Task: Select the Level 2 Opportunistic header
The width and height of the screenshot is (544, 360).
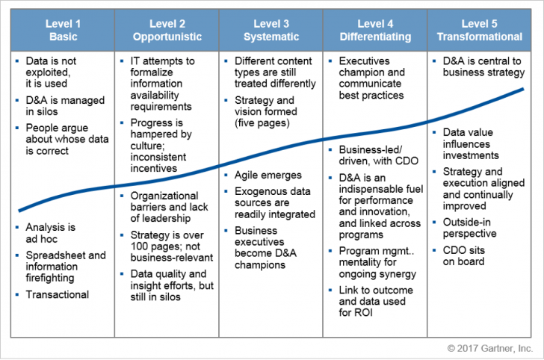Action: tap(167, 30)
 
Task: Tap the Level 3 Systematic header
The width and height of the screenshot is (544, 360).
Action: tap(271, 30)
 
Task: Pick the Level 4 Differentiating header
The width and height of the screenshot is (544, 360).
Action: tap(375, 30)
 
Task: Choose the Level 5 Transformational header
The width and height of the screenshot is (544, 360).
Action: tap(480, 30)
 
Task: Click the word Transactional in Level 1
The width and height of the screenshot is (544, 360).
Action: tap(57, 294)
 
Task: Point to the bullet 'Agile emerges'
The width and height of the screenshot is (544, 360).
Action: tap(268, 175)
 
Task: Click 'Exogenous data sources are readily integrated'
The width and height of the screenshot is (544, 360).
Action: tap(272, 202)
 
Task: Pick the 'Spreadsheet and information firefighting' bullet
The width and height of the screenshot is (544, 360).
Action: tap(65, 267)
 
